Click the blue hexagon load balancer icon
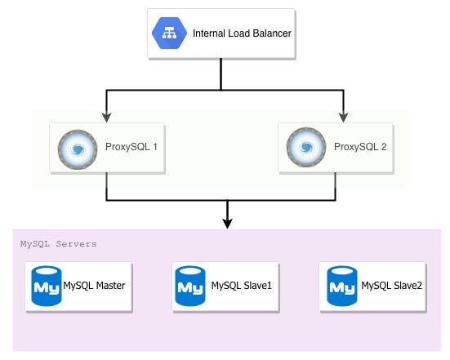[170, 33]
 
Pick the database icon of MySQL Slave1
[189, 287]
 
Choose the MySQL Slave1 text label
[241, 286]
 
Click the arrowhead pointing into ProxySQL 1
[107, 116]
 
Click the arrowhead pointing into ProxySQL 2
[343, 116]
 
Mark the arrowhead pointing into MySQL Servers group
[227, 222]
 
